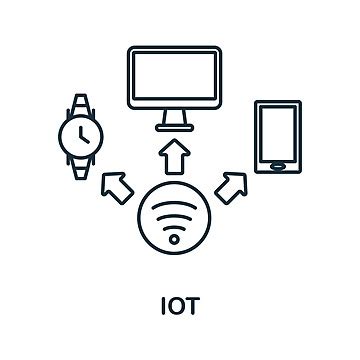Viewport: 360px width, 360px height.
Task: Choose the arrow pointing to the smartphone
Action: tap(233, 185)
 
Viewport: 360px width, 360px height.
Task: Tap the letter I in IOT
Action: tap(162, 303)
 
